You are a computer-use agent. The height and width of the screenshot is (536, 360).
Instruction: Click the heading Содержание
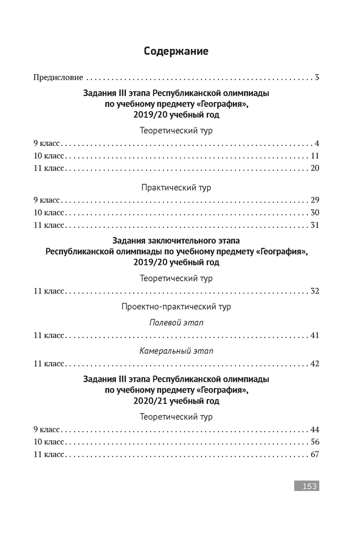[x=176, y=51]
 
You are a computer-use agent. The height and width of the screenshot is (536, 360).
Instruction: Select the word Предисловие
[x=58, y=78]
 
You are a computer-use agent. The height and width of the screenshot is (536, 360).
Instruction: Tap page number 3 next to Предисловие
[x=317, y=78]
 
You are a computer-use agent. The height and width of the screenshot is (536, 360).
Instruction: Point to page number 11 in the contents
[x=315, y=156]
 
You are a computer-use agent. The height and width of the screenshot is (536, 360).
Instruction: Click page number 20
[x=315, y=168]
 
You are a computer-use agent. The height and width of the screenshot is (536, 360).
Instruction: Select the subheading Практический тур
[x=176, y=187]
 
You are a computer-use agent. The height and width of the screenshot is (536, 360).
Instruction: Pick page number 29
[x=315, y=200]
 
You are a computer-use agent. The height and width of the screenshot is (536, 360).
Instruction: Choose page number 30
[x=315, y=212]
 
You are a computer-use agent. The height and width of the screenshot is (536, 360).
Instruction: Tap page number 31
[x=315, y=225]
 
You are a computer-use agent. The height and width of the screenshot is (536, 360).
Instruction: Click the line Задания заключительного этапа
[x=176, y=240]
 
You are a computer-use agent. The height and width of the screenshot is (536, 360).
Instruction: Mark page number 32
[x=315, y=291]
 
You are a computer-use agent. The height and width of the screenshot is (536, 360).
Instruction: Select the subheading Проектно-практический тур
[x=176, y=307]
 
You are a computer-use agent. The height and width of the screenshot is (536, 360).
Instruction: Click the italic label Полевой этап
[x=176, y=323]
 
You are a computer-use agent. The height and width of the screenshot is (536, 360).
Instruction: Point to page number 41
[x=315, y=335]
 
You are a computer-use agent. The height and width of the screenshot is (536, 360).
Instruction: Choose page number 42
[x=315, y=363]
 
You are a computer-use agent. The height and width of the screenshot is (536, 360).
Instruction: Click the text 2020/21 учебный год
[x=176, y=401]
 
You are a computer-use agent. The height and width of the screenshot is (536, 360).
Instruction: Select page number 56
[x=315, y=442]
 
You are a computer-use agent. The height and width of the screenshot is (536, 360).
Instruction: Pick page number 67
[x=315, y=454]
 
